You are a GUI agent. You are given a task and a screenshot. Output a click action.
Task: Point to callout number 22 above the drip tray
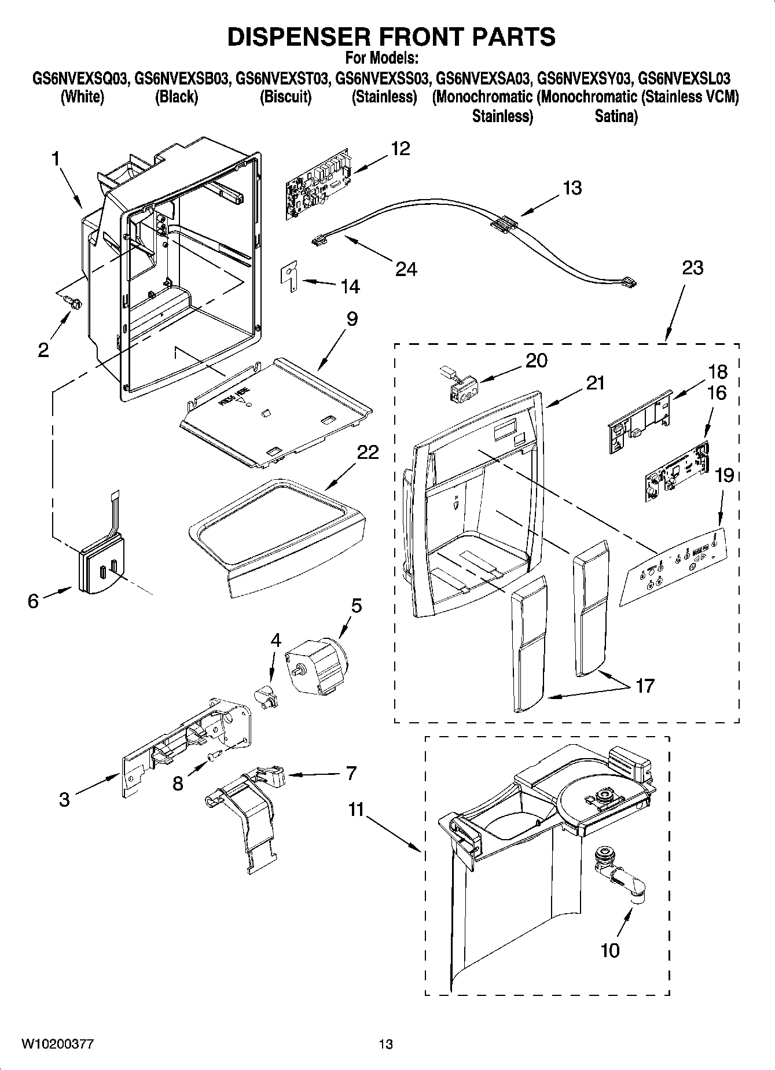pos(367,452)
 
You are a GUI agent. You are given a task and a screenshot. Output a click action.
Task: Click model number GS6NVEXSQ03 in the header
pos(79,78)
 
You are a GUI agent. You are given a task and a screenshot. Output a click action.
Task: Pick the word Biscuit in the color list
pos(285,97)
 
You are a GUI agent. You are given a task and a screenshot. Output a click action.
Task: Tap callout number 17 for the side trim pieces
pos(645,686)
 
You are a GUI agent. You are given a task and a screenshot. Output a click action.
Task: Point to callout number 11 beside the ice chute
pos(356,810)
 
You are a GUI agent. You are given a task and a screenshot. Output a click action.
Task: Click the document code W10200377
pos(57,1044)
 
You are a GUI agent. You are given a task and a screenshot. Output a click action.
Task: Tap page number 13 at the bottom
pos(386,1044)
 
